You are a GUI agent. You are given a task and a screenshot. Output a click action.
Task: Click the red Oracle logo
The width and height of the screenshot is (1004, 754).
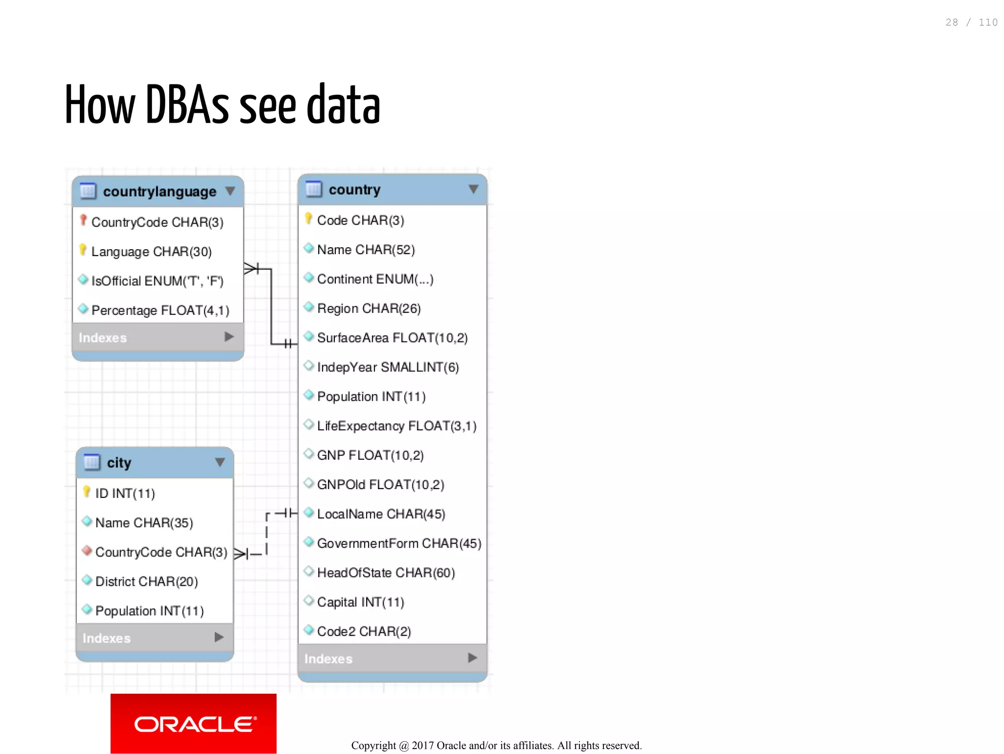tap(193, 723)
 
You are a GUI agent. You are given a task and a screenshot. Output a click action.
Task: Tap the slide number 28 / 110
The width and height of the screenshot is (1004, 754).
tap(971, 23)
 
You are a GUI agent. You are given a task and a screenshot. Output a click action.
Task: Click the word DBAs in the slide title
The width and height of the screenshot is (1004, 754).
tap(187, 105)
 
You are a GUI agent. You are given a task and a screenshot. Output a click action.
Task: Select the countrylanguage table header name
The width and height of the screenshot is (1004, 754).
tap(159, 191)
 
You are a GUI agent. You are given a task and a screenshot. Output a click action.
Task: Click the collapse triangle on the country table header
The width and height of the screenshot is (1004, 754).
tap(473, 189)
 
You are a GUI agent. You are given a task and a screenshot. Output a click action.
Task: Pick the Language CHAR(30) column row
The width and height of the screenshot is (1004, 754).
tap(151, 252)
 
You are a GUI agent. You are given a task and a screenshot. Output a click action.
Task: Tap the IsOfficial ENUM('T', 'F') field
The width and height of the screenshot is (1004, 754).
tap(157, 281)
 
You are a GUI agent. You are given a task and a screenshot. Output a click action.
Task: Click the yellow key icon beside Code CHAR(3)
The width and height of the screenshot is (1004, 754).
tap(308, 218)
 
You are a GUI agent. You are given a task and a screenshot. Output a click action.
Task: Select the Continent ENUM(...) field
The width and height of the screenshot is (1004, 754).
tap(375, 279)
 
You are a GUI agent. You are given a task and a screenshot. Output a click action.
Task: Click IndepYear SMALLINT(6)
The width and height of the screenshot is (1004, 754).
tap(387, 367)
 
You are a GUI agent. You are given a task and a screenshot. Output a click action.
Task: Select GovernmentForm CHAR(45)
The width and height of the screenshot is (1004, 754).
tap(399, 544)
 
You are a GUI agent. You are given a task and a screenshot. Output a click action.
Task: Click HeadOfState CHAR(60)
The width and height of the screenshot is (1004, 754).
tap(386, 573)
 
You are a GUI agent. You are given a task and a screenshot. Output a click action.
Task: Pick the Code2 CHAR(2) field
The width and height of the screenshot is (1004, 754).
tap(364, 631)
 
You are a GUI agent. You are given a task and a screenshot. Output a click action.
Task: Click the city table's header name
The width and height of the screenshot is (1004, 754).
tap(119, 463)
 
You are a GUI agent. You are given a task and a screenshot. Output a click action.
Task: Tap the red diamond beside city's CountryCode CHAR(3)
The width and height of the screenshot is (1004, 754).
tap(87, 551)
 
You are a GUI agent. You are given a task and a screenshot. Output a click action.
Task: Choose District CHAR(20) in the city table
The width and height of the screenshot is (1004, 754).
tap(146, 582)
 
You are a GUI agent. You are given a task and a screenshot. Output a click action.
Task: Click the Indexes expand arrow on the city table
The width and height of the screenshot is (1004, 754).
tap(219, 637)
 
